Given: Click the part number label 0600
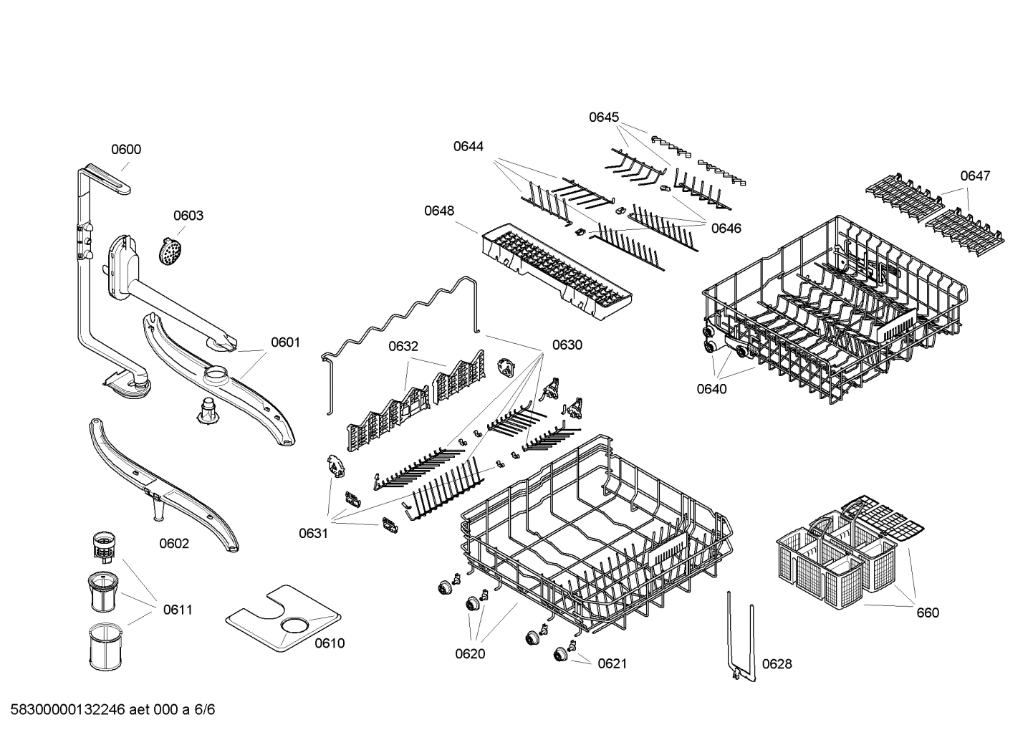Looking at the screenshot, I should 125,150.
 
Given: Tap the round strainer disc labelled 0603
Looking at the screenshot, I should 170,251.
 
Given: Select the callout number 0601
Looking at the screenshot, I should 285,342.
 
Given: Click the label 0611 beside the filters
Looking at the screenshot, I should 177,610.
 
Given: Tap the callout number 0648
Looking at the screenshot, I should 438,211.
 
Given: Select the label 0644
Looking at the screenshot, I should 468,147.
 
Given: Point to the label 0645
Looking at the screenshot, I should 604,117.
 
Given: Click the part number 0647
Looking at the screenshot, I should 975,176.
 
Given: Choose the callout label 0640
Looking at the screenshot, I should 711,389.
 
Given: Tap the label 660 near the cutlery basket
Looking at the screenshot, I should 927,613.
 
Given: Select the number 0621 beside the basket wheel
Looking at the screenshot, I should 612,664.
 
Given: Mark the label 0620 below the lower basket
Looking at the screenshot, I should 470,653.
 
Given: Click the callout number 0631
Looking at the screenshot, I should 313,533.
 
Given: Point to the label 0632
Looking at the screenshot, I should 403,347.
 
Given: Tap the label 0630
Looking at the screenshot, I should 567,345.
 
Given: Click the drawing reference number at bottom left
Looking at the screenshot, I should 108,710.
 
